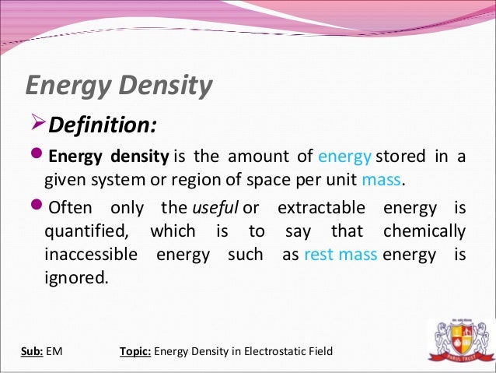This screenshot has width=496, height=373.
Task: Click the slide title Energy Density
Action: pyautogui.click(x=118, y=85)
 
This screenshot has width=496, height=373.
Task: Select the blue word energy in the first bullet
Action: pyautogui.click(x=344, y=156)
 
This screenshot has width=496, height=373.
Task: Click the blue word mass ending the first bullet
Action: pyautogui.click(x=382, y=181)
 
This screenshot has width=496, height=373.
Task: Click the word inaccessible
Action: pyautogui.click(x=92, y=255)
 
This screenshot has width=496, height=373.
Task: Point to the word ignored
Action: pyautogui.click(x=76, y=278)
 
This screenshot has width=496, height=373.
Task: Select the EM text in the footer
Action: pyautogui.click(x=54, y=351)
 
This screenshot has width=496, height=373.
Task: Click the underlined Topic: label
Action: pyautogui.click(x=136, y=351)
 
